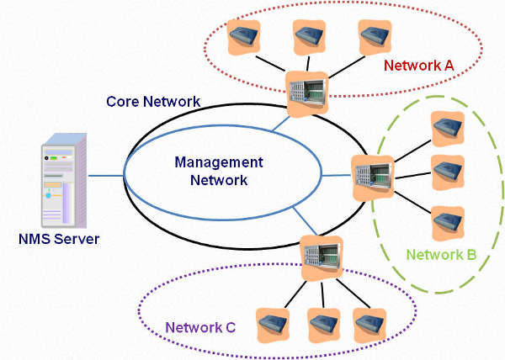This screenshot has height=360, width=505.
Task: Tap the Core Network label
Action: click(x=152, y=102)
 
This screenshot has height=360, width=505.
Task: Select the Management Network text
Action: click(x=218, y=171)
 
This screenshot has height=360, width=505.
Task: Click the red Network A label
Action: click(x=417, y=64)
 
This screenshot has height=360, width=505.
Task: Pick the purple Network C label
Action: click(x=199, y=327)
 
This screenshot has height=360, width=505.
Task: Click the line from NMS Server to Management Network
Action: click(x=104, y=176)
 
